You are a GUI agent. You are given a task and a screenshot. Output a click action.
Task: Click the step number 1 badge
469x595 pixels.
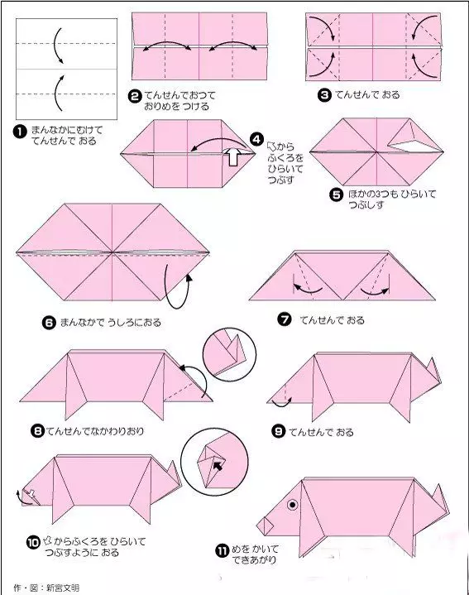pyautogui.click(x=20, y=132)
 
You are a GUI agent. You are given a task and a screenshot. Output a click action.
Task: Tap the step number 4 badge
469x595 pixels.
pyautogui.click(x=256, y=139)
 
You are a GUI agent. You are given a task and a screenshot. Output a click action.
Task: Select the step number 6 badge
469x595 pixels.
pyautogui.click(x=49, y=323)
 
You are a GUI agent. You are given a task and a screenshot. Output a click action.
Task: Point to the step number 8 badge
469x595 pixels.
pyautogui.click(x=37, y=431)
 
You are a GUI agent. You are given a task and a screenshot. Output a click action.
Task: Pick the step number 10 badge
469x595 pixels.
pyautogui.click(x=33, y=542)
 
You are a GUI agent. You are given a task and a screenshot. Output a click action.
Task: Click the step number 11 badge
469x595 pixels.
pyautogui.click(x=223, y=550)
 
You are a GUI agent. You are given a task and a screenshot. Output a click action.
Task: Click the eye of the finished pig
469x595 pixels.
pyautogui.click(x=292, y=505)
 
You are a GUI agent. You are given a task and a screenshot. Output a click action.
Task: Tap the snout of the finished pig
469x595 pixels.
pyautogui.click(x=265, y=525)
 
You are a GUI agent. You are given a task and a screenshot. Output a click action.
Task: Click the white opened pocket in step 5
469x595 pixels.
pyautogui.click(x=411, y=145)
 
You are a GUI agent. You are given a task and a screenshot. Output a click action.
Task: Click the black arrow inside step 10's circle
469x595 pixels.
pyautogui.click(x=218, y=465)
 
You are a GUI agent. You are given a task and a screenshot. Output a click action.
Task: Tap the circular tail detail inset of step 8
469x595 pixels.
pyautogui.click(x=229, y=354)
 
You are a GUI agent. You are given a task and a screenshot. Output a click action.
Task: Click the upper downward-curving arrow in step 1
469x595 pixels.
pyautogui.click(x=56, y=45)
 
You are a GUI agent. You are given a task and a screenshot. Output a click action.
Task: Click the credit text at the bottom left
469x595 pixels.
pyautogui.click(x=46, y=588)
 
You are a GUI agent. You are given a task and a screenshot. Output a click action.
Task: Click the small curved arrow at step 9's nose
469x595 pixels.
pyautogui.click(x=282, y=403)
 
